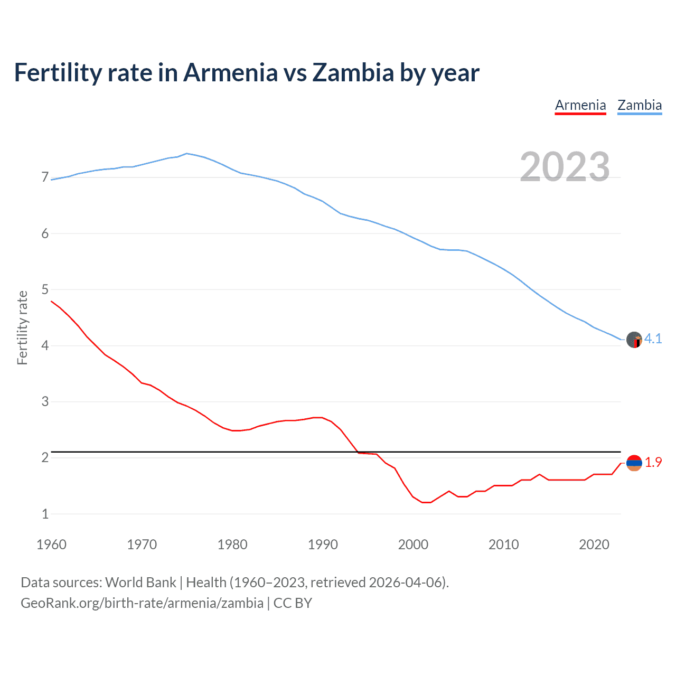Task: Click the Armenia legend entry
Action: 580,105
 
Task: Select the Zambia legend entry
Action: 640,105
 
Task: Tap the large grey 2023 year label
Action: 565,167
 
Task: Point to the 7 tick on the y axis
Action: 45,177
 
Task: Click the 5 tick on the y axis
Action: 45,289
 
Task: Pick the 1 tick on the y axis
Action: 45,514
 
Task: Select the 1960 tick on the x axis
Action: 51,544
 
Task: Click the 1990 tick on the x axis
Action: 323,544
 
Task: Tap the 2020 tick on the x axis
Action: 594,544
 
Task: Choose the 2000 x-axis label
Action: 413,544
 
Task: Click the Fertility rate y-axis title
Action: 22,327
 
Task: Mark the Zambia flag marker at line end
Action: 634,340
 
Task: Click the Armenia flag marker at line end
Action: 634,463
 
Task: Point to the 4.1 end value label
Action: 653,339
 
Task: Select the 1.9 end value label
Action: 653,462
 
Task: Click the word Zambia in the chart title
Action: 353,73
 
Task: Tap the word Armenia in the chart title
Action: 230,73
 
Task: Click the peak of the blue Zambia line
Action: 187,154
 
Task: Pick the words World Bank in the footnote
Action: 140,583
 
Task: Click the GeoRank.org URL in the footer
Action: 142,603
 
